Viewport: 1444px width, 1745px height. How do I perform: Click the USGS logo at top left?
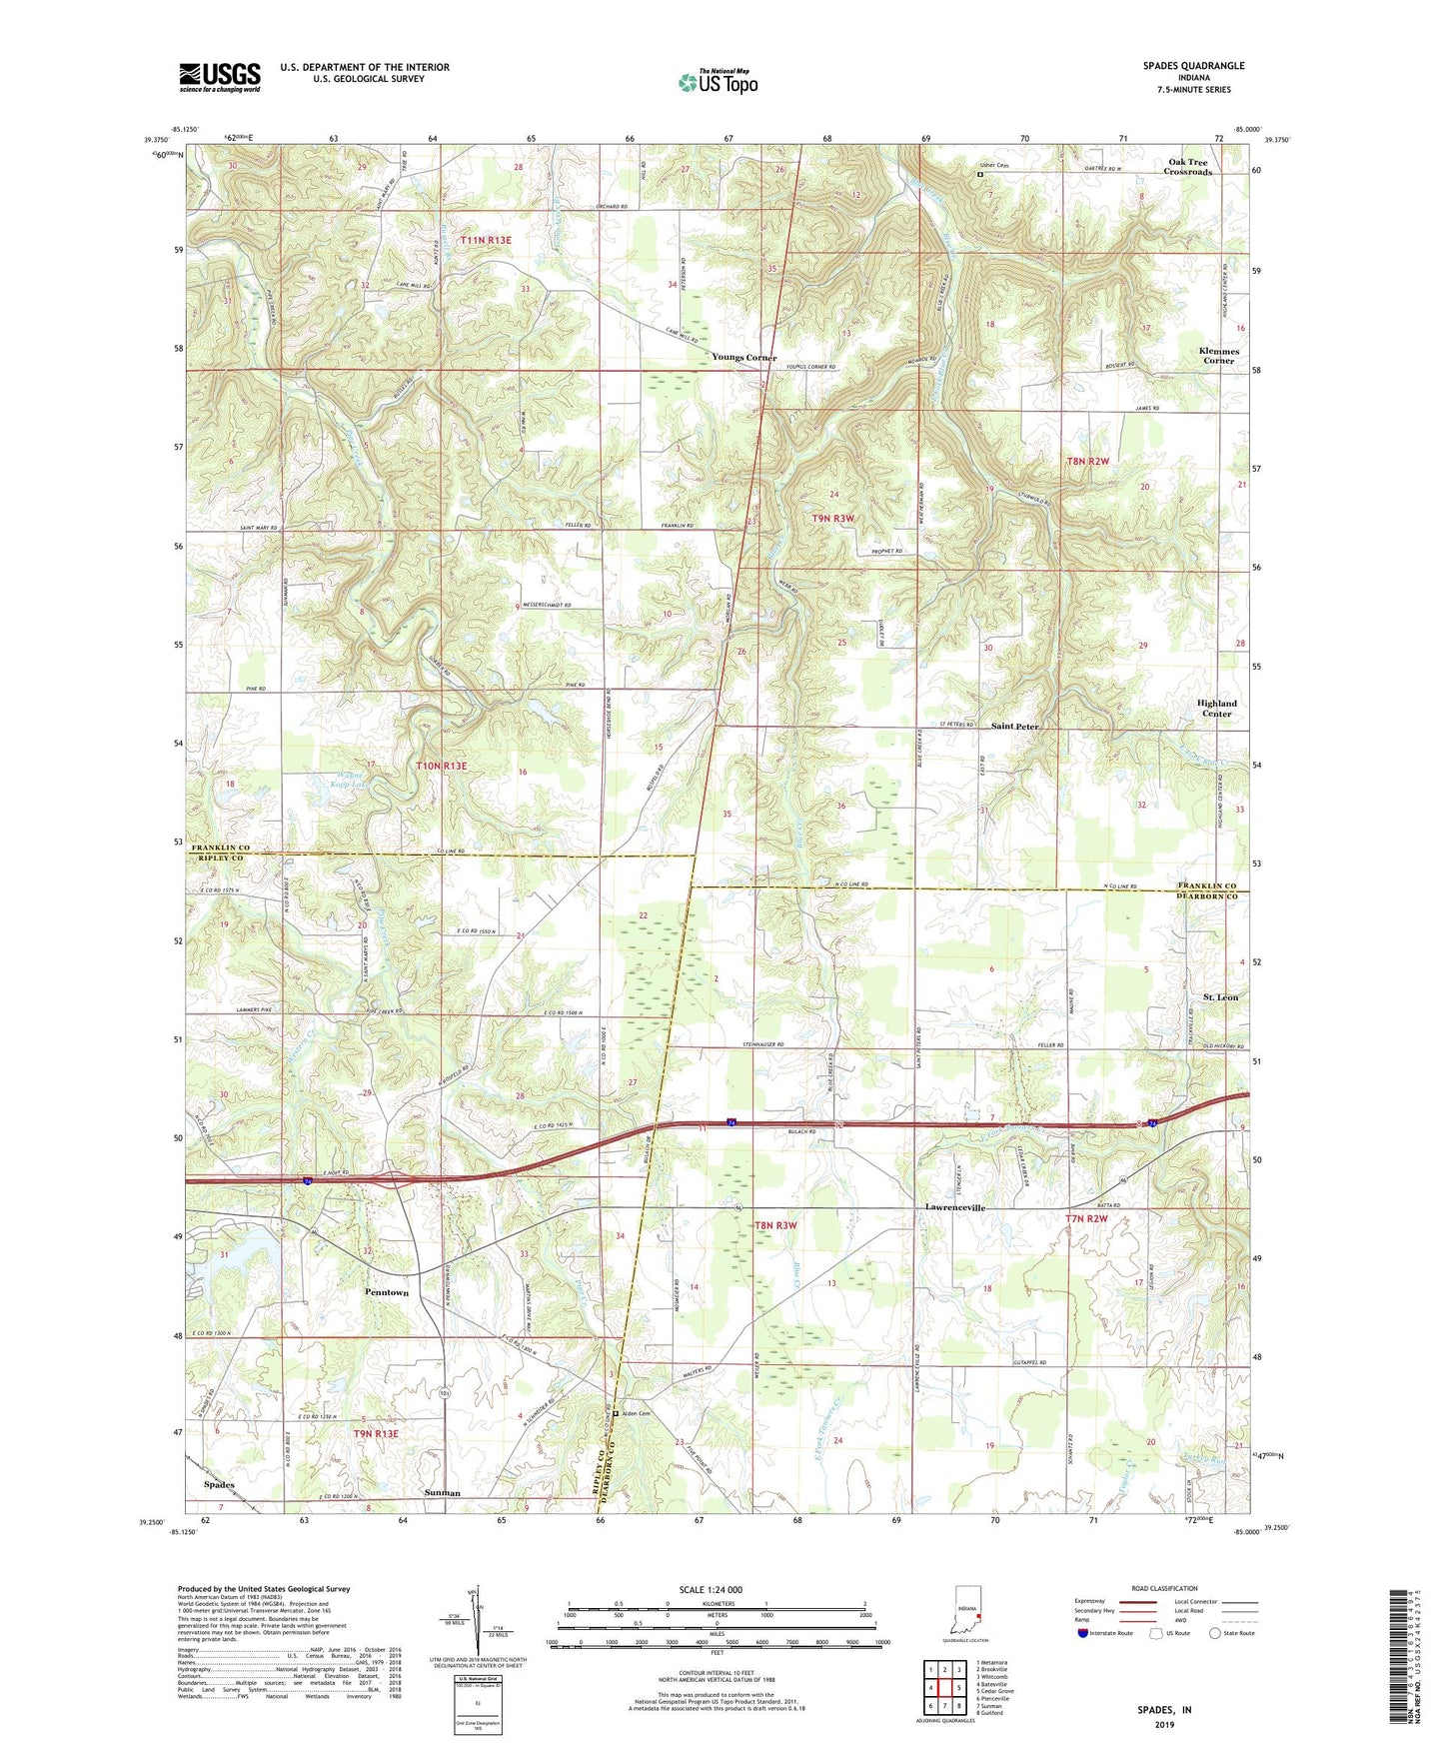[220, 77]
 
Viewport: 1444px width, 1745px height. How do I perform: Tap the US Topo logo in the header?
[718, 82]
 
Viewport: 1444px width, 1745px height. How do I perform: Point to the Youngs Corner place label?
[744, 358]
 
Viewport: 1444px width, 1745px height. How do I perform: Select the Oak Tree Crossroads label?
[1187, 167]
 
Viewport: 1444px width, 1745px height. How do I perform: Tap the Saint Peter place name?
[1014, 726]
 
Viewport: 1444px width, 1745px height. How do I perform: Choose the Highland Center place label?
[1216, 709]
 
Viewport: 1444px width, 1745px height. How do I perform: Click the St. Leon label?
[1220, 997]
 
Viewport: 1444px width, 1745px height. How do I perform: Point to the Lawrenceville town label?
[955, 1208]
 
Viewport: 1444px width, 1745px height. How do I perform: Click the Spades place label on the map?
[219, 1485]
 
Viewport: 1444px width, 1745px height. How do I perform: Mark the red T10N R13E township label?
[441, 766]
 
